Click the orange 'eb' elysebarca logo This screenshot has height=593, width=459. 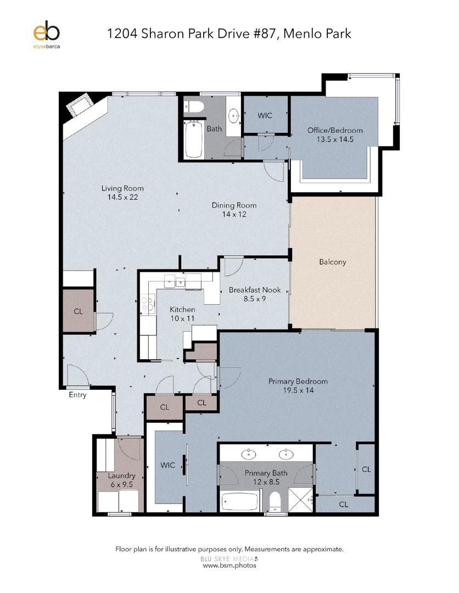[46, 31]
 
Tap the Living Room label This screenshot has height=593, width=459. [122, 188]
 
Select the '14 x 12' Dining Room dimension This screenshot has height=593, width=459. [234, 214]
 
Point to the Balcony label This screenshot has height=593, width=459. [333, 262]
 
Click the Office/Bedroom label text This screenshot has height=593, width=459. [335, 130]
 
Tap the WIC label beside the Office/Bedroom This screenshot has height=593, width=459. [265, 115]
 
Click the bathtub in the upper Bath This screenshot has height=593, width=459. [194, 140]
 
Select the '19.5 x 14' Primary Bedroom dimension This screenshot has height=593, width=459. [298, 390]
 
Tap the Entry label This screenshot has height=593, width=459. [77, 395]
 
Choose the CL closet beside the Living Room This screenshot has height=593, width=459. [79, 311]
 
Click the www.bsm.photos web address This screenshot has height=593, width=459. [229, 566]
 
